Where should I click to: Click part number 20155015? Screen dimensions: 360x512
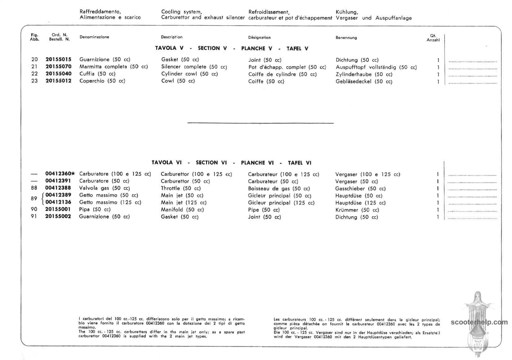click(x=58, y=59)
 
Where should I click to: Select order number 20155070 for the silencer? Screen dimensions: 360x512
click(x=58, y=66)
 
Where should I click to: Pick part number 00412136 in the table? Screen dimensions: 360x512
click(x=58, y=202)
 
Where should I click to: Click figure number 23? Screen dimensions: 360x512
click(x=34, y=81)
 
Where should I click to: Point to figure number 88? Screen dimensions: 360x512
click(x=34, y=188)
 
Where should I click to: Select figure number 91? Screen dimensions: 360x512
click(x=34, y=216)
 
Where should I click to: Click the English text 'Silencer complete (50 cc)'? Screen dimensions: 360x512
click(x=194, y=67)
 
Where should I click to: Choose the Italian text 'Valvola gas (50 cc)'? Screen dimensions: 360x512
click(x=104, y=188)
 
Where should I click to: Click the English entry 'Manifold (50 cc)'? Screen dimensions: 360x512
click(x=182, y=209)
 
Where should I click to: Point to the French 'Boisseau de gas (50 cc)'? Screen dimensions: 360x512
click(x=279, y=188)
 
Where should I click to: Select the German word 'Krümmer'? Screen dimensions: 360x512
click(x=347, y=210)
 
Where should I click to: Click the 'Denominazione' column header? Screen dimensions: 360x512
click(x=94, y=37)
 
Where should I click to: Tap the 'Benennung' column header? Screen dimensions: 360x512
click(x=346, y=38)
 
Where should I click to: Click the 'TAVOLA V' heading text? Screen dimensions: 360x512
click(x=169, y=48)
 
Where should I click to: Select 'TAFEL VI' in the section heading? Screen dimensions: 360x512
click(x=299, y=163)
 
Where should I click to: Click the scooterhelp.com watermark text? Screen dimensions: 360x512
click(x=479, y=322)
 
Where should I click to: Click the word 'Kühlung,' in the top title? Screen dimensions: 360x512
click(x=347, y=12)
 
